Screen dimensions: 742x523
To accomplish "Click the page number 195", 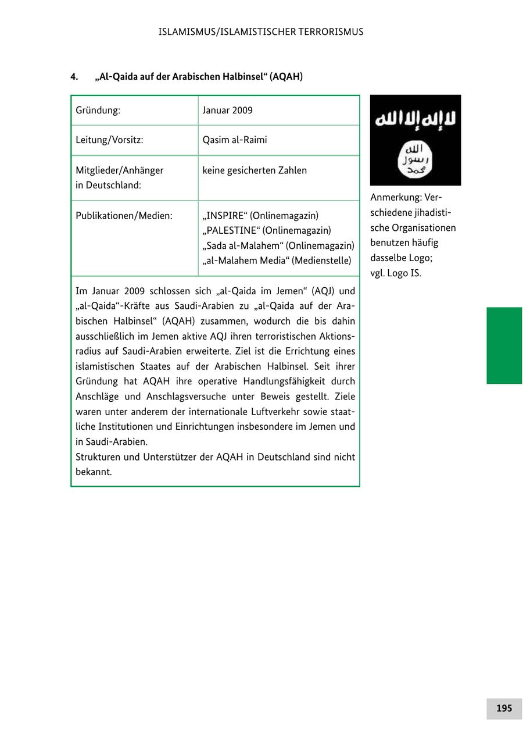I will [x=504, y=708].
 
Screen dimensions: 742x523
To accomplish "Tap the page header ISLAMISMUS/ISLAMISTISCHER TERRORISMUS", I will [x=261, y=32].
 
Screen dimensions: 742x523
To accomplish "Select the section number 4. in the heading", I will [x=74, y=77].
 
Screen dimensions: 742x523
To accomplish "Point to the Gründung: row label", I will [x=98, y=110].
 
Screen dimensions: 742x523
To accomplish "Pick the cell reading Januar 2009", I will [x=227, y=110].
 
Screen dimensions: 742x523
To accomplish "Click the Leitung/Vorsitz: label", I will [x=109, y=140].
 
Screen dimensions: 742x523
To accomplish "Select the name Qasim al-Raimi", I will [x=235, y=140].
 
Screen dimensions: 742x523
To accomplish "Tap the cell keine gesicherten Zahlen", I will [x=255, y=170].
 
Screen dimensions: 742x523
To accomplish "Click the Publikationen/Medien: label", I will [x=124, y=216].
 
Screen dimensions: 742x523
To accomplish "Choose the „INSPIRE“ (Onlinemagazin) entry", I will [x=260, y=216].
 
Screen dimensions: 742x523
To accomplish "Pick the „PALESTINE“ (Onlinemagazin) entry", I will [x=267, y=231].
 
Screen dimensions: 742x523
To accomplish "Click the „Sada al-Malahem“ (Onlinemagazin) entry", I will [x=278, y=246].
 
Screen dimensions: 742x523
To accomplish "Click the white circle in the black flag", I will [x=415, y=159].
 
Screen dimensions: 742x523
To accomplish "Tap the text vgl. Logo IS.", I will [x=396, y=273].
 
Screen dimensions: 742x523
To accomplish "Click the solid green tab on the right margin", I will [x=504, y=345].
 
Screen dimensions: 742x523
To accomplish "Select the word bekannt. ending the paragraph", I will [x=94, y=472].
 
